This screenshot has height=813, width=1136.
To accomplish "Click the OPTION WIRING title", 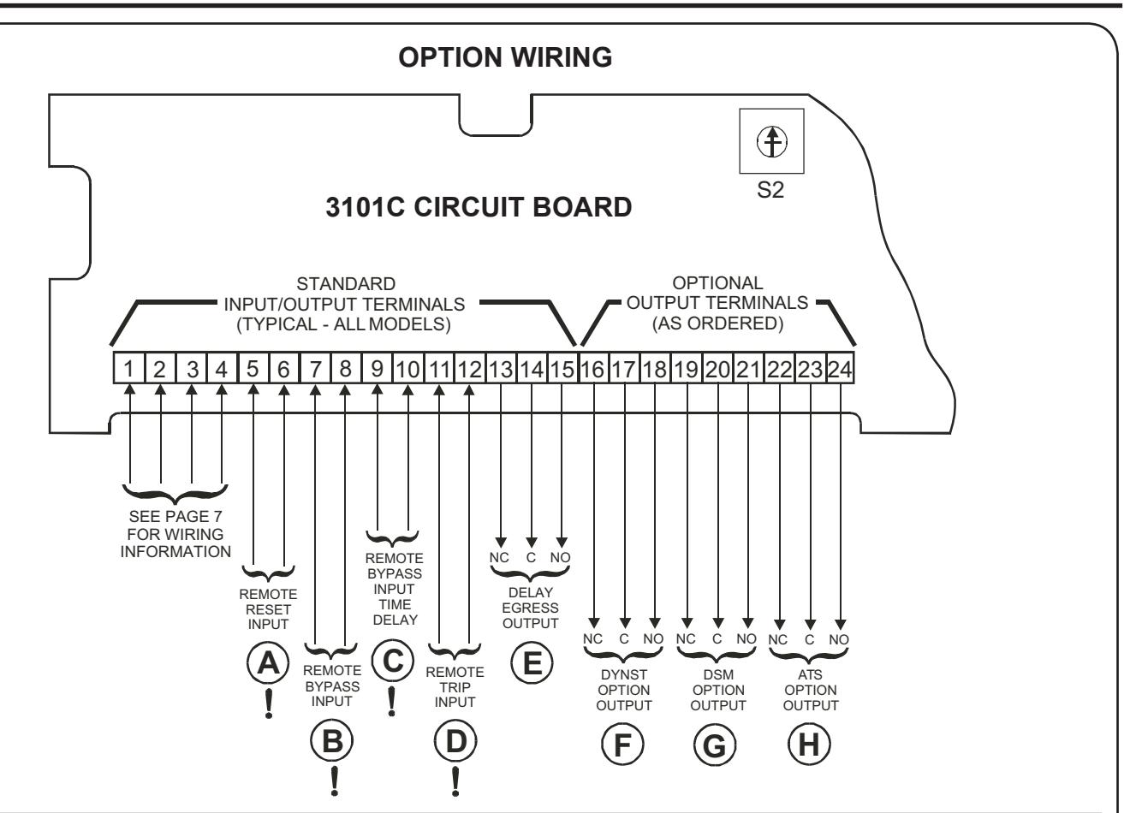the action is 505,56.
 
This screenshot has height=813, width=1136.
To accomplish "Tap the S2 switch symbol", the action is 772,141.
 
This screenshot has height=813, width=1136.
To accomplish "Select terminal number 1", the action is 128,369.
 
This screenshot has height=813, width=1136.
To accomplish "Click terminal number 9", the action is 377,369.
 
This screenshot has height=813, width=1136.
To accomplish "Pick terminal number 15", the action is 562,369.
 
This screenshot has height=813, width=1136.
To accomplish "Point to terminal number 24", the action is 840,369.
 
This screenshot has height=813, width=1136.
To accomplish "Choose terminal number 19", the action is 687,369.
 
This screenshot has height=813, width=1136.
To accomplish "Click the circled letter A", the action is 268,663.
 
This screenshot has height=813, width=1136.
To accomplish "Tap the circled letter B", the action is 332,740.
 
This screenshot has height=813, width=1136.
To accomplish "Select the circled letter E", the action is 532,662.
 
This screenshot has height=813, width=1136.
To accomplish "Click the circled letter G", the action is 715,745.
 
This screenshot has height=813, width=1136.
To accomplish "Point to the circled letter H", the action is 809,744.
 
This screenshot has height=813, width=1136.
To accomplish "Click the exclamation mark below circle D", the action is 455,781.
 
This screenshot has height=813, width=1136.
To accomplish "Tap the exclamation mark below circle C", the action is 391,702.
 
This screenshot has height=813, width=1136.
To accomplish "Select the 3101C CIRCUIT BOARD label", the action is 479,207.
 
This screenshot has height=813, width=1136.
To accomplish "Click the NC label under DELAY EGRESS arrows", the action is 499,557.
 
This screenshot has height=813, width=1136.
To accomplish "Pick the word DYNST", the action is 624,674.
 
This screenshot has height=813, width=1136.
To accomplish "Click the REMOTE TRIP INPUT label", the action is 455,687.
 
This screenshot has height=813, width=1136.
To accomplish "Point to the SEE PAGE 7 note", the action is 175,534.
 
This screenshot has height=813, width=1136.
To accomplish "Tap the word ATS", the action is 810,674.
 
